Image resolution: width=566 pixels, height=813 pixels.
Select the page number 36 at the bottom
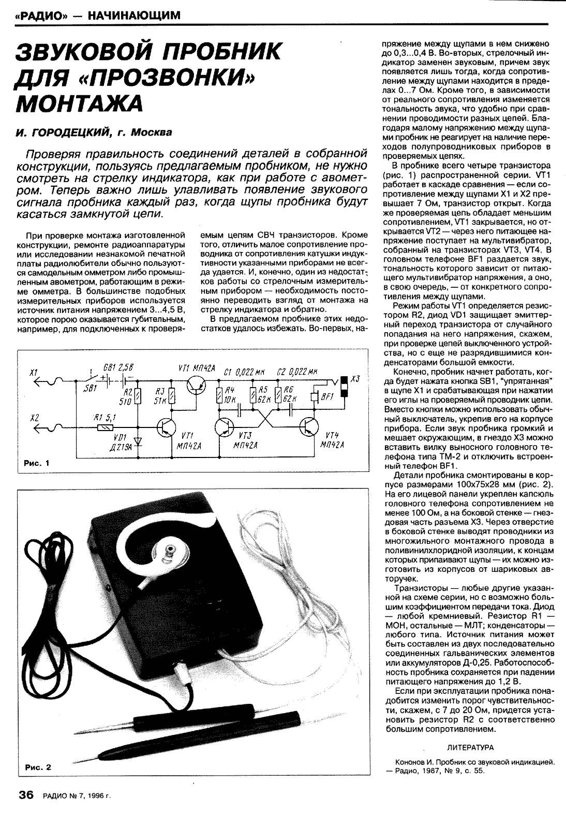[26, 795]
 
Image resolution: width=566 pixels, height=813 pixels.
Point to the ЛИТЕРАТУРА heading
[470, 747]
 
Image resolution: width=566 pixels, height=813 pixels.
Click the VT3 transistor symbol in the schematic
[226, 427]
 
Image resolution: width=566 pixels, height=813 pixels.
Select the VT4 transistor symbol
[310, 427]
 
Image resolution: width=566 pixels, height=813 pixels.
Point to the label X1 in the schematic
[35, 373]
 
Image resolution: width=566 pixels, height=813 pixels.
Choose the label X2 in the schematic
[35, 417]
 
